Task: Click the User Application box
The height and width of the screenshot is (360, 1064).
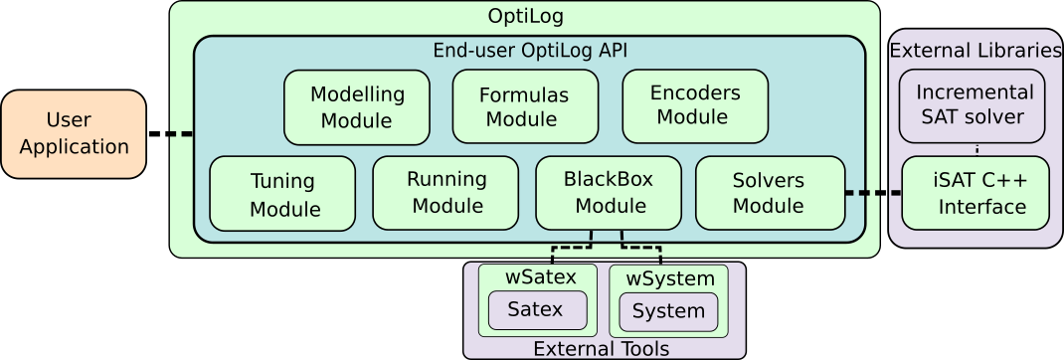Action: pyautogui.click(x=74, y=134)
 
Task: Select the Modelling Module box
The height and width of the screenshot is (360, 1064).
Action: pyautogui.click(x=357, y=107)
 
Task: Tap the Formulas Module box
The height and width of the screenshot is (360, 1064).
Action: pyautogui.click(x=525, y=107)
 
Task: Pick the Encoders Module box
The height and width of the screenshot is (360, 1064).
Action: pyautogui.click(x=694, y=105)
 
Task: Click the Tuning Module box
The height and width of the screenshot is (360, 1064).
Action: pyautogui.click(x=282, y=194)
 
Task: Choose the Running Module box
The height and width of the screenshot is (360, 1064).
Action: pyautogui.click(x=445, y=193)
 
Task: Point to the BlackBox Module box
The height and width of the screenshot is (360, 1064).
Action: pyautogui.click(x=609, y=193)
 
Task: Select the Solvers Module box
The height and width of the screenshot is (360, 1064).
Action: pyautogui.click(x=768, y=193)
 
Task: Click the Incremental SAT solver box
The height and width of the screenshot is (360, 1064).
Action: pyautogui.click(x=974, y=105)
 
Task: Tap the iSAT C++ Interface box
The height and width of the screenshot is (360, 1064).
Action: pyautogui.click(x=975, y=193)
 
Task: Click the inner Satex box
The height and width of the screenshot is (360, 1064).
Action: pyautogui.click(x=536, y=309)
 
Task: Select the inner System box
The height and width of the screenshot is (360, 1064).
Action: pyautogui.click(x=668, y=311)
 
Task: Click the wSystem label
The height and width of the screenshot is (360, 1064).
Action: pyautogui.click(x=668, y=277)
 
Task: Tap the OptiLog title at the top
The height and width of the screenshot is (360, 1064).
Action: pyautogui.click(x=525, y=16)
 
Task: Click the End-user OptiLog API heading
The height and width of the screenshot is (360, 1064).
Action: pyautogui.click(x=529, y=50)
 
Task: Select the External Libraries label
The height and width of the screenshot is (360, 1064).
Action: pyautogui.click(x=975, y=50)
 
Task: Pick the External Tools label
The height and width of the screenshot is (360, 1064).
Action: pyautogui.click(x=601, y=348)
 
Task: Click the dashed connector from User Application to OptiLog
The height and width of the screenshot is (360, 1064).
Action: pyautogui.click(x=180, y=134)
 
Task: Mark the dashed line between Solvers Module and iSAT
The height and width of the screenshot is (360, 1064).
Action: pyautogui.click(x=872, y=193)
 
